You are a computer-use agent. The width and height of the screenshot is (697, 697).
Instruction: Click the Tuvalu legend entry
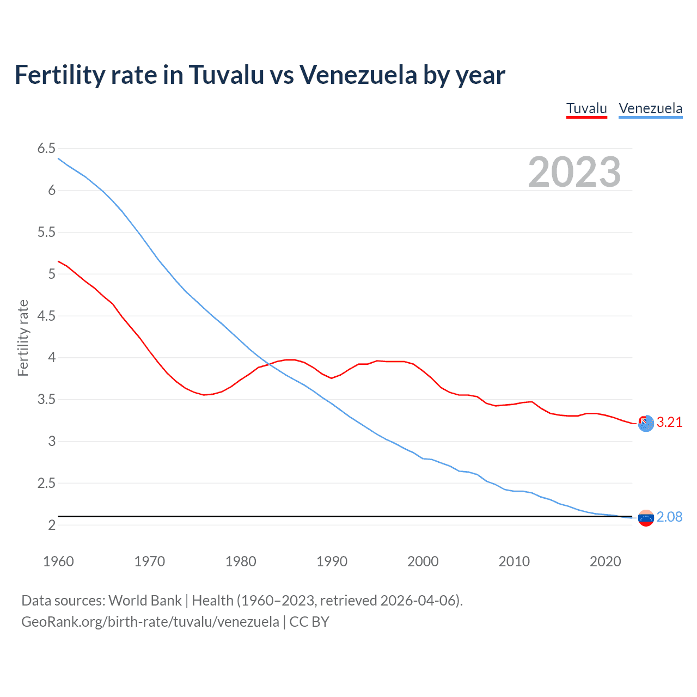point(586,108)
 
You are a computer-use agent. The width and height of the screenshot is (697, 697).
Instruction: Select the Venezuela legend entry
point(650,108)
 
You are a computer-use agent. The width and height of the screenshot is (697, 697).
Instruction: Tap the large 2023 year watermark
point(574,172)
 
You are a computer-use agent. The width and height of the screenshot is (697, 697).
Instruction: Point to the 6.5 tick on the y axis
point(46,149)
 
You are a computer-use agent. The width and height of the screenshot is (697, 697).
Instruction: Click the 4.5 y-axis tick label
point(46,316)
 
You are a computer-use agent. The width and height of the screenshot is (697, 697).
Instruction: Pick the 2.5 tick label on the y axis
point(46,483)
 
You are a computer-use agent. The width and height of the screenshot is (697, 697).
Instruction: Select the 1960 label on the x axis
point(58,561)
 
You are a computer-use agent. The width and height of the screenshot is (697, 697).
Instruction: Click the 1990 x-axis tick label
point(332,561)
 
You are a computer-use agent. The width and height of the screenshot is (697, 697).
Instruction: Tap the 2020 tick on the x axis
point(605,561)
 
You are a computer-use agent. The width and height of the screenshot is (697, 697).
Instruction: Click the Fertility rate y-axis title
point(23,338)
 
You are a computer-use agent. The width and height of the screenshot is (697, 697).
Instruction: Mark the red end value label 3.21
point(669,422)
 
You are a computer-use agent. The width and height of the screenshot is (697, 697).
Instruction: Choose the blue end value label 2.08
point(669,517)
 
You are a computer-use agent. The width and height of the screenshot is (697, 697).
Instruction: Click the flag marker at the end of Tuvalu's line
point(646,423)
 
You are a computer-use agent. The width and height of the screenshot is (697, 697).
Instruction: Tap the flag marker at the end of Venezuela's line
point(646,518)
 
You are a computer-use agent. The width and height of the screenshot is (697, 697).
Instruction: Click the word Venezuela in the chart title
point(358,75)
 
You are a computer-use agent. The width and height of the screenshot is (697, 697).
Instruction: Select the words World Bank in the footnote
point(145,601)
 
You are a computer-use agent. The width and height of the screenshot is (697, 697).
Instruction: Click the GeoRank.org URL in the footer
point(150,622)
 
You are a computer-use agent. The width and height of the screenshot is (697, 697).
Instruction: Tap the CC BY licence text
point(309,622)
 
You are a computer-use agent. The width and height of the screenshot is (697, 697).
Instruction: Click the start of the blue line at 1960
point(59,158)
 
